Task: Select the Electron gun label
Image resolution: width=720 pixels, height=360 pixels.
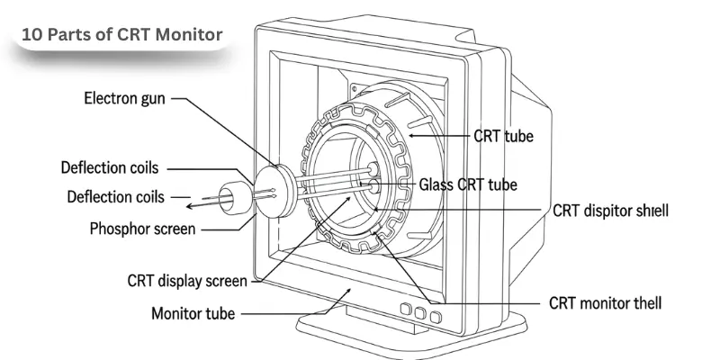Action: (x=126, y=96)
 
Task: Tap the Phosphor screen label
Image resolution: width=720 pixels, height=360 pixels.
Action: (x=142, y=229)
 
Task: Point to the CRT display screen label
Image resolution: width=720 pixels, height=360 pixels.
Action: (x=186, y=281)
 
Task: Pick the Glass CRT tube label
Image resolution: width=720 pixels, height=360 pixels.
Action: (x=468, y=184)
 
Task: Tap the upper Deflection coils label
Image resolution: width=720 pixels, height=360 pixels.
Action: (x=109, y=168)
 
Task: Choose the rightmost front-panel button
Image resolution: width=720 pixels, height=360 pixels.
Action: (x=436, y=317)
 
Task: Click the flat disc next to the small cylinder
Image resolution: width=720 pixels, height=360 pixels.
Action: (x=278, y=193)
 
